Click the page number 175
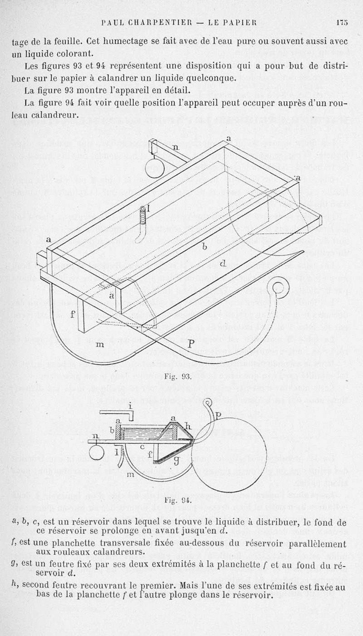[342, 22]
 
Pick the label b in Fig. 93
[204, 247]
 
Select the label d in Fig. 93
[223, 263]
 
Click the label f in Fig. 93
[73, 314]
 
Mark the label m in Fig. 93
[99, 345]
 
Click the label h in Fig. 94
[188, 427]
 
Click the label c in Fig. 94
[142, 447]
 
